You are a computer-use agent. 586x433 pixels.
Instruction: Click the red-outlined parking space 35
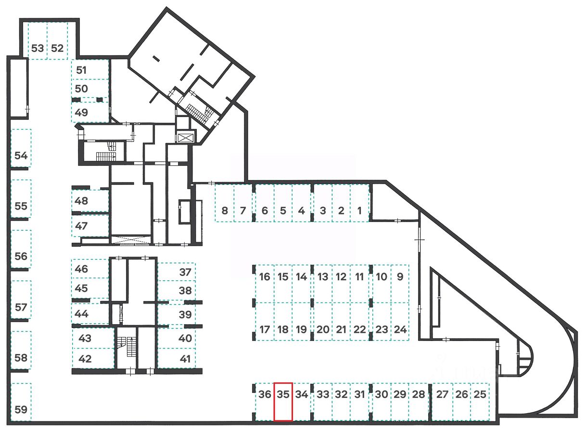click(x=283, y=402)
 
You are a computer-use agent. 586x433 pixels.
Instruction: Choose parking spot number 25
click(x=480, y=402)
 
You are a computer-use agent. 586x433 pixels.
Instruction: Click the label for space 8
click(x=225, y=210)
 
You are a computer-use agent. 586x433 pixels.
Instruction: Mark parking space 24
click(x=400, y=322)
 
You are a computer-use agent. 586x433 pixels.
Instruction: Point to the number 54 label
click(x=21, y=156)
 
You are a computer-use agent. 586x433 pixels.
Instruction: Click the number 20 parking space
click(x=323, y=322)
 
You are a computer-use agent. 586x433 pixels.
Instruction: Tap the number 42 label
click(x=85, y=359)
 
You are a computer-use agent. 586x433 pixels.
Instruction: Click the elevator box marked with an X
click(x=185, y=137)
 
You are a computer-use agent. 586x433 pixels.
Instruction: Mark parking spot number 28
click(x=419, y=402)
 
